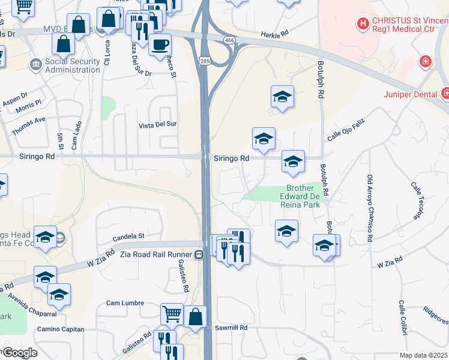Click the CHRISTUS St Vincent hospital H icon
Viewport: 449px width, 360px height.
(x=363, y=24)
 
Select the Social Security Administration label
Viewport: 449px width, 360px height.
(x=72, y=65)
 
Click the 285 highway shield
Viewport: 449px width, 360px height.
(x=205, y=61)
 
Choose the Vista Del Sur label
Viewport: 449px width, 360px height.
(x=158, y=124)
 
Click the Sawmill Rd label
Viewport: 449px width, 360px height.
(x=231, y=328)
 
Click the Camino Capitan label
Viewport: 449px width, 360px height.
(x=61, y=329)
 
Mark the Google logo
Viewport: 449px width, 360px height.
(x=19, y=353)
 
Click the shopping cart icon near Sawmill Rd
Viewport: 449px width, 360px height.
(x=172, y=313)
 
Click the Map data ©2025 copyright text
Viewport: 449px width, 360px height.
(x=424, y=355)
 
